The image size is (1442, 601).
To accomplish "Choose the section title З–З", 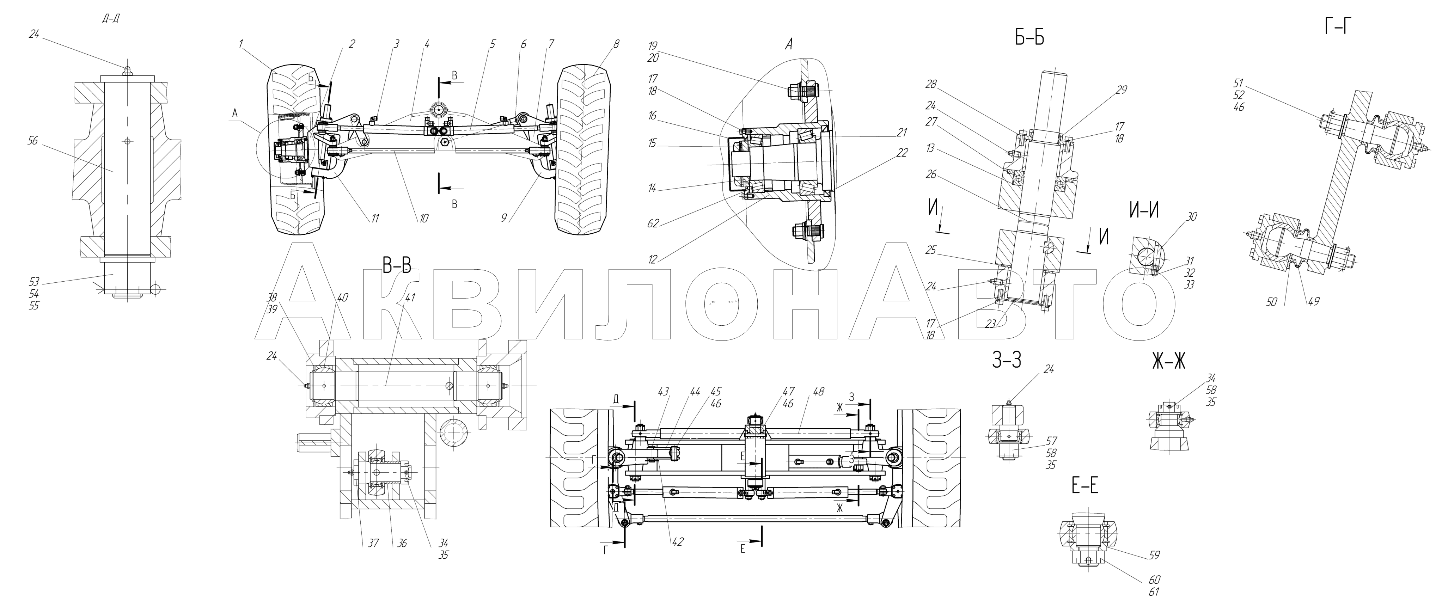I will [1006, 361].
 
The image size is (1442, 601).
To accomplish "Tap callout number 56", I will [32, 141].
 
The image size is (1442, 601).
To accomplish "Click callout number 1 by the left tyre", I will [241, 44].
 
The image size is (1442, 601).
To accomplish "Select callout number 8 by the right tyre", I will [616, 44].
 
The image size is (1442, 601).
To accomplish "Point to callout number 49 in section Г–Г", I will [1313, 301].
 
